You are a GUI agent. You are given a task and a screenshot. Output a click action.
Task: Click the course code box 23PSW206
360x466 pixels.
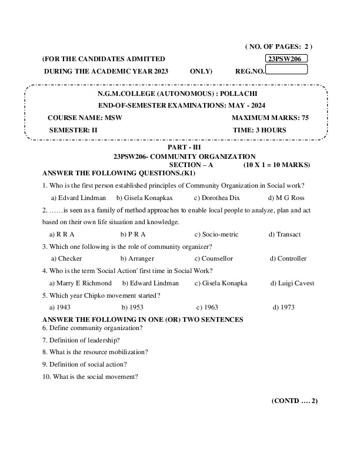(286, 59)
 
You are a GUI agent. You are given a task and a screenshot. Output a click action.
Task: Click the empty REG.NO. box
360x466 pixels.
(286, 70)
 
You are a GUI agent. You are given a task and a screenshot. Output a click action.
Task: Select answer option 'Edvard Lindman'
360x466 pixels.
(78, 198)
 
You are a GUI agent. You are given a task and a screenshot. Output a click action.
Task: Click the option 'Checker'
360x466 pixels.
(66, 258)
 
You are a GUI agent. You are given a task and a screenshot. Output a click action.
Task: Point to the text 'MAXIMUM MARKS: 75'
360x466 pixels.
(270, 118)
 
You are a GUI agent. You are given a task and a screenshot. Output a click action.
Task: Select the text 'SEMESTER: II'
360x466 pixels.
(73, 129)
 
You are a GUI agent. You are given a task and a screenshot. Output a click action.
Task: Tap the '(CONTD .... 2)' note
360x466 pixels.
(294, 401)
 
